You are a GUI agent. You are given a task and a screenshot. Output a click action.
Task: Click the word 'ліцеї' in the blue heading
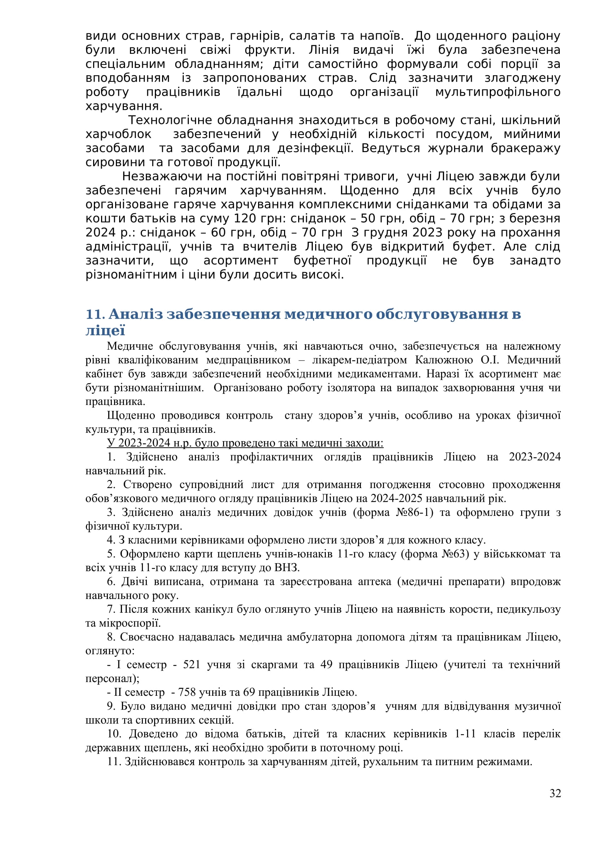point(105,331)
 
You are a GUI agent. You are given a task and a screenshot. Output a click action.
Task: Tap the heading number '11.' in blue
point(96,314)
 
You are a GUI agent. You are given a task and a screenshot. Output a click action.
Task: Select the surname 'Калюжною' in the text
point(444,360)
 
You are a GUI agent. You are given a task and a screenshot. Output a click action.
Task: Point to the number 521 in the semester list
point(191,665)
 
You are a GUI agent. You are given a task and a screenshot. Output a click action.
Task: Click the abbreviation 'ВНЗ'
point(286,568)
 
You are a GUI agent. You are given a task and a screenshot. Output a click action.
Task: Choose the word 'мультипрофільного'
point(498,92)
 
